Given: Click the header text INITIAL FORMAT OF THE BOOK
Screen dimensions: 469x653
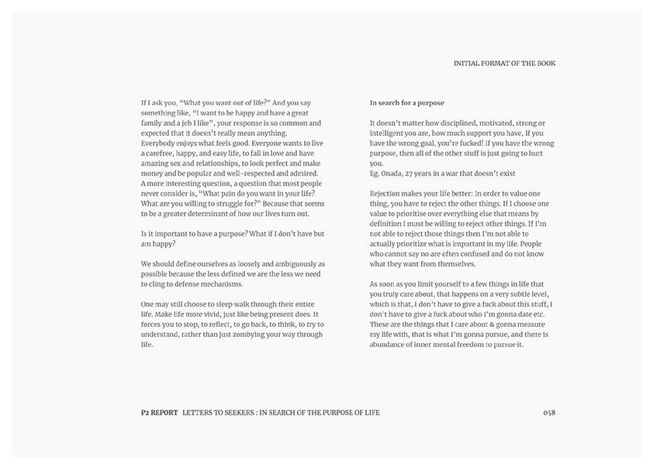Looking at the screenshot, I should pyautogui.click(x=504, y=64).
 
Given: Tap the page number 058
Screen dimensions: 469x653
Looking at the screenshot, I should pyautogui.click(x=549, y=412).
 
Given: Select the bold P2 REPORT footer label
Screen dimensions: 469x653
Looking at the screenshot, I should pyautogui.click(x=154, y=412).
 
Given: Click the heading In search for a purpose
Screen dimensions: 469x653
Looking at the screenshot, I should pyautogui.click(x=406, y=103).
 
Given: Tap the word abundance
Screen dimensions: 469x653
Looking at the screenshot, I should pyautogui.click(x=390, y=344).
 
